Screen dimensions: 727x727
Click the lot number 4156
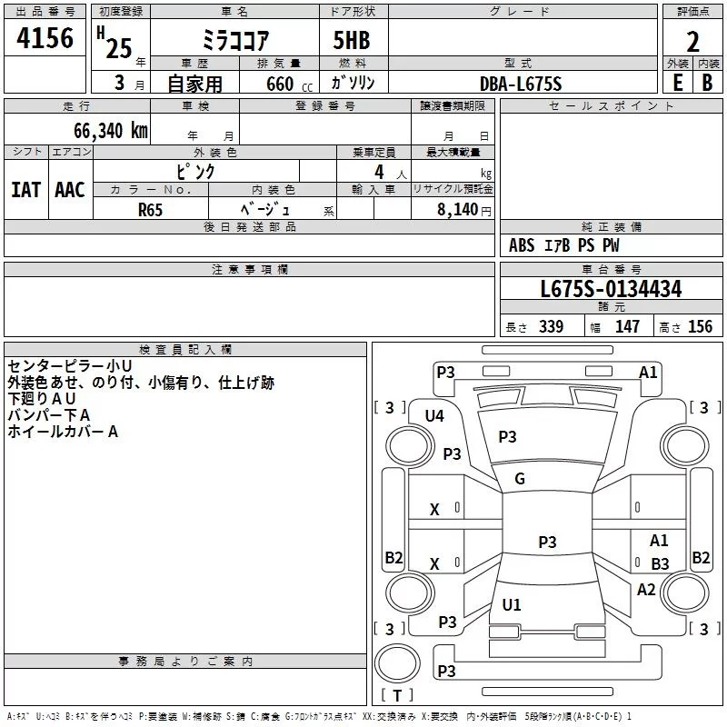[x=45, y=39]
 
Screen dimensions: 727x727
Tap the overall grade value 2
[x=692, y=41]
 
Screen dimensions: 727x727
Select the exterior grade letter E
[x=677, y=82]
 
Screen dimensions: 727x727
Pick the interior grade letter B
[x=707, y=82]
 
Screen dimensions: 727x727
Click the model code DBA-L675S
[x=520, y=84]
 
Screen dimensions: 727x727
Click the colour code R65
[x=151, y=209]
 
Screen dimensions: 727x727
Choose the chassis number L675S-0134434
[x=611, y=290]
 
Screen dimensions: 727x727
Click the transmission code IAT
[x=25, y=189]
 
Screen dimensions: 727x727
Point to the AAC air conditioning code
[x=70, y=189]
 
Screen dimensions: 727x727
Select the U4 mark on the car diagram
[x=434, y=416]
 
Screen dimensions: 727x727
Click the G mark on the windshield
[x=520, y=479]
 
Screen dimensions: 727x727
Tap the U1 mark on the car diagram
[x=512, y=605]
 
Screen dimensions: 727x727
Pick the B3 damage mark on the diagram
[x=660, y=563]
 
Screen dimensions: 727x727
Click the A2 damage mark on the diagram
[x=646, y=590]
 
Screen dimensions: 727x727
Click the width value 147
[x=627, y=327]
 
